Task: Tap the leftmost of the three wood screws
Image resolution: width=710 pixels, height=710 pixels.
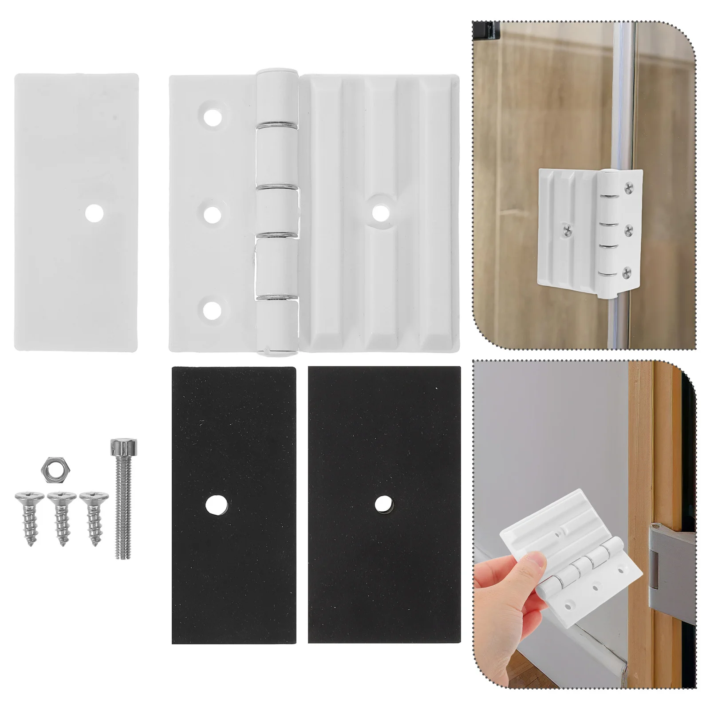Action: coord(30,516)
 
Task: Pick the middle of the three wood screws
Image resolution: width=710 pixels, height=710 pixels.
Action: coord(62,516)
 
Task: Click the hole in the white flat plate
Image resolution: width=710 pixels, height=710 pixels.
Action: coord(95,213)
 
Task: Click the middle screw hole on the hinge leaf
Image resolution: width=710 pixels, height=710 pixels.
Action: coord(213,215)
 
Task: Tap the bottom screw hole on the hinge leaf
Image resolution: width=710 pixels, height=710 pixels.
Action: coord(213,310)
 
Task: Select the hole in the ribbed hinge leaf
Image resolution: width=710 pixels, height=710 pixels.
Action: coord(380,212)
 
